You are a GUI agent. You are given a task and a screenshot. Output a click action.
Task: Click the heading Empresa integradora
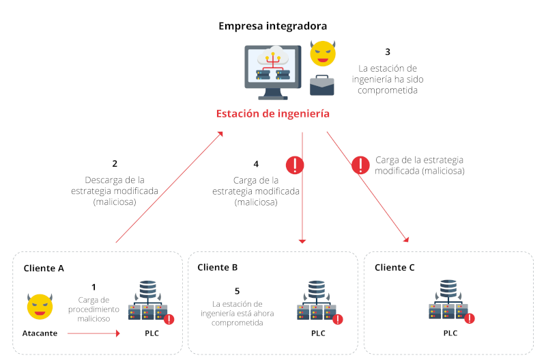[272, 26]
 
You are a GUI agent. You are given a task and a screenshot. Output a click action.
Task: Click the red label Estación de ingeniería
[272, 113]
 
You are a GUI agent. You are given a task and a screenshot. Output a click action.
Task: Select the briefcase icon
[322, 85]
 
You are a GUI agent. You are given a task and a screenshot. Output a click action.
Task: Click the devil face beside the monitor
[322, 53]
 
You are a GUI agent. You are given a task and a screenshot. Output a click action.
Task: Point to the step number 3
[388, 51]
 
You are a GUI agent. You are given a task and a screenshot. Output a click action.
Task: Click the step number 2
[115, 164]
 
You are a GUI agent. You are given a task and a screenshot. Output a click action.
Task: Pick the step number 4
[256, 164]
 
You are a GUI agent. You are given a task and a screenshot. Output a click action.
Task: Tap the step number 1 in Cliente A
[94, 288]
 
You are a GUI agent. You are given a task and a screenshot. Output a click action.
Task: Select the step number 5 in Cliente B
[237, 290]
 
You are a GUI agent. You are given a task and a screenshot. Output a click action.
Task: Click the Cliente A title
[44, 268]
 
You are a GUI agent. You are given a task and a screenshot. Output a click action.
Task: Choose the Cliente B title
[217, 267]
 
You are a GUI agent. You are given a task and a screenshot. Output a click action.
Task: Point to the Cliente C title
[394, 267]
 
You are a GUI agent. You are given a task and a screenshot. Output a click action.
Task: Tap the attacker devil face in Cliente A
[40, 307]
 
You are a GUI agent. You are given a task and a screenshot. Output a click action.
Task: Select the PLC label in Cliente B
[318, 333]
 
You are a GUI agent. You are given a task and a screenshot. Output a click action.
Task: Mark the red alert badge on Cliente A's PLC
[169, 318]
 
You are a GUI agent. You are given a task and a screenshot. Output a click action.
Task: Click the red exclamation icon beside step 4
[294, 165]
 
